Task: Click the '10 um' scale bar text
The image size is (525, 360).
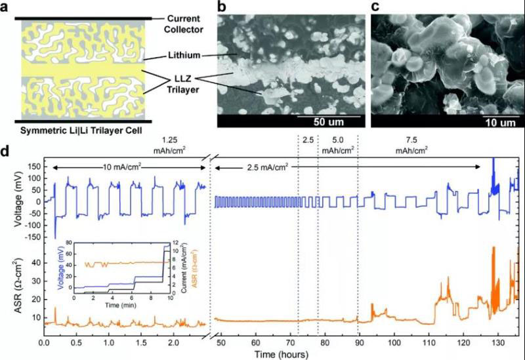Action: coord(482,123)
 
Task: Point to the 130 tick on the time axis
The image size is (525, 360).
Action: coord(497,342)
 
